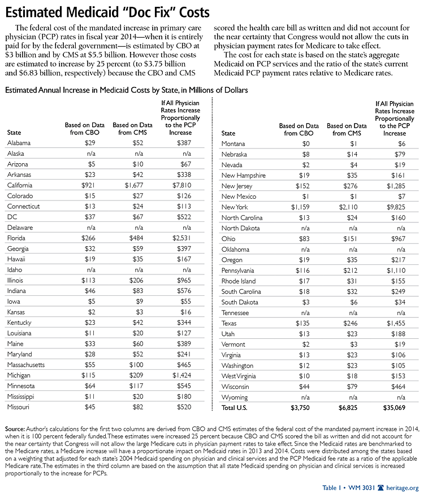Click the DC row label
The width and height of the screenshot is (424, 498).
[12, 217]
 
